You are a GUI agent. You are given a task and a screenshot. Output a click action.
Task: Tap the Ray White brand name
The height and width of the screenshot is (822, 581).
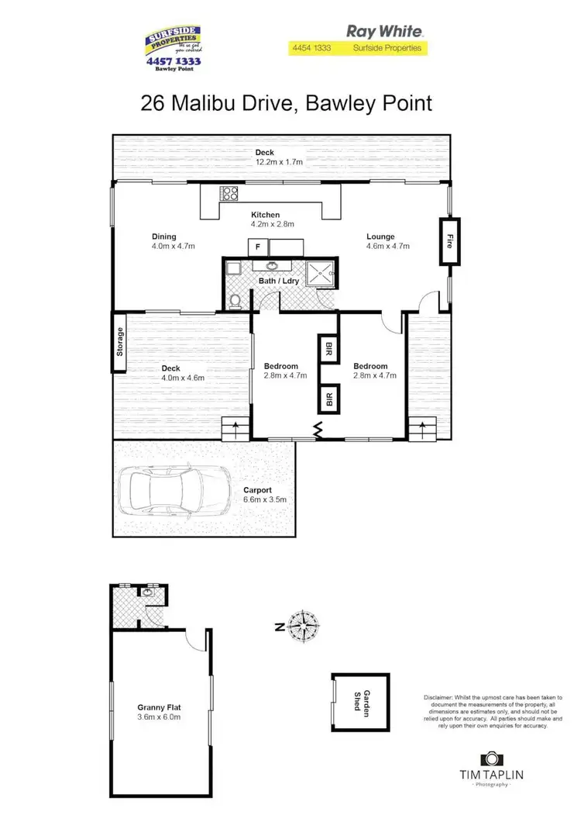384,32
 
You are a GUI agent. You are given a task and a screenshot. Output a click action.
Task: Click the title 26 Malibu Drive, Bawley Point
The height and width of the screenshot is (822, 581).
287,103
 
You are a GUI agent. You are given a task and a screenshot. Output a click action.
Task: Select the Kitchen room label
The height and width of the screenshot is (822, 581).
265,215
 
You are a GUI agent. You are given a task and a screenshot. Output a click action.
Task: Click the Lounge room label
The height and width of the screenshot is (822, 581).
380,237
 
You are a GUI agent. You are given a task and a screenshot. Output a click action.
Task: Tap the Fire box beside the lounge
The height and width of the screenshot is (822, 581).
449,242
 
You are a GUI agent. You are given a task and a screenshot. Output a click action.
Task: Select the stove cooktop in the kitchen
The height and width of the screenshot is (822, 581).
230,194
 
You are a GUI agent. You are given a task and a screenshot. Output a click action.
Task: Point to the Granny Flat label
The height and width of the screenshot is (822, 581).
159,706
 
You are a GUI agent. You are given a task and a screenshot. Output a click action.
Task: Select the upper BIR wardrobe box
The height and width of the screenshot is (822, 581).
328,348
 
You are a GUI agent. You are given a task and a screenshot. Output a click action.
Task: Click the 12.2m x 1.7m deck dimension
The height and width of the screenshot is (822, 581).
279,162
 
